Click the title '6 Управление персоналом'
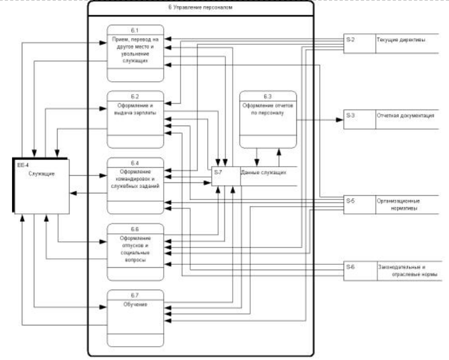[x=200, y=8]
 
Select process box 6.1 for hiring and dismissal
[x=136, y=53]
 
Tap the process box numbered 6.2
[x=136, y=118]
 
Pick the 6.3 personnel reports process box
[x=268, y=119]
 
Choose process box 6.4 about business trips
[x=136, y=185]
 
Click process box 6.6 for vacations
[x=136, y=252]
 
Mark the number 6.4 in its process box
[x=136, y=162]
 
